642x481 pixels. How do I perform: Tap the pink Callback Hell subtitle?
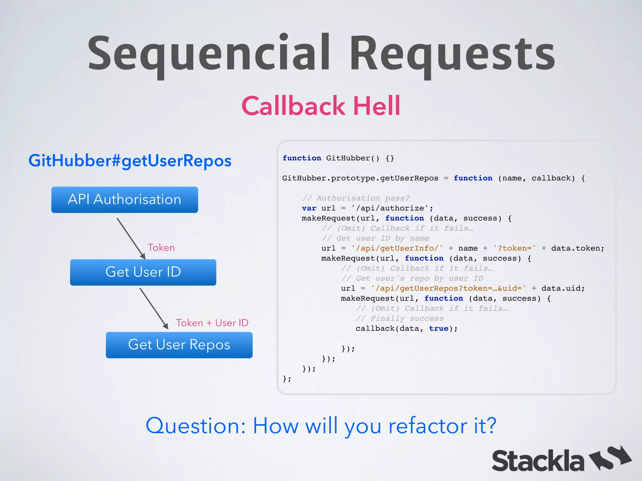coord(321,106)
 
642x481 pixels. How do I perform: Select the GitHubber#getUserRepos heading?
coord(130,161)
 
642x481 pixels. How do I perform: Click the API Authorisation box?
coord(124,200)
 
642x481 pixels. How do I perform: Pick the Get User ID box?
coord(143,272)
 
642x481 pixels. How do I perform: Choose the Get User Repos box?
coord(179,345)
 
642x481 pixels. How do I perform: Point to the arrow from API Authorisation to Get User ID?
coord(131,238)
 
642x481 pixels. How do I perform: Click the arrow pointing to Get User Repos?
coord(154,308)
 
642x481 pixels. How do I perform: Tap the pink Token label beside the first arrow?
coord(161,248)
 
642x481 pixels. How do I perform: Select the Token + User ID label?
coord(212,323)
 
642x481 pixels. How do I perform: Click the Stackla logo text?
coord(538,461)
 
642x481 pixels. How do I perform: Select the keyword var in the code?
coord(309,208)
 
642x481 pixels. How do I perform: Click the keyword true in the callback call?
coord(439,328)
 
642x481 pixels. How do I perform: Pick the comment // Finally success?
coord(400,318)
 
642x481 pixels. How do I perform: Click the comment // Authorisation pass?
coord(356,198)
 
